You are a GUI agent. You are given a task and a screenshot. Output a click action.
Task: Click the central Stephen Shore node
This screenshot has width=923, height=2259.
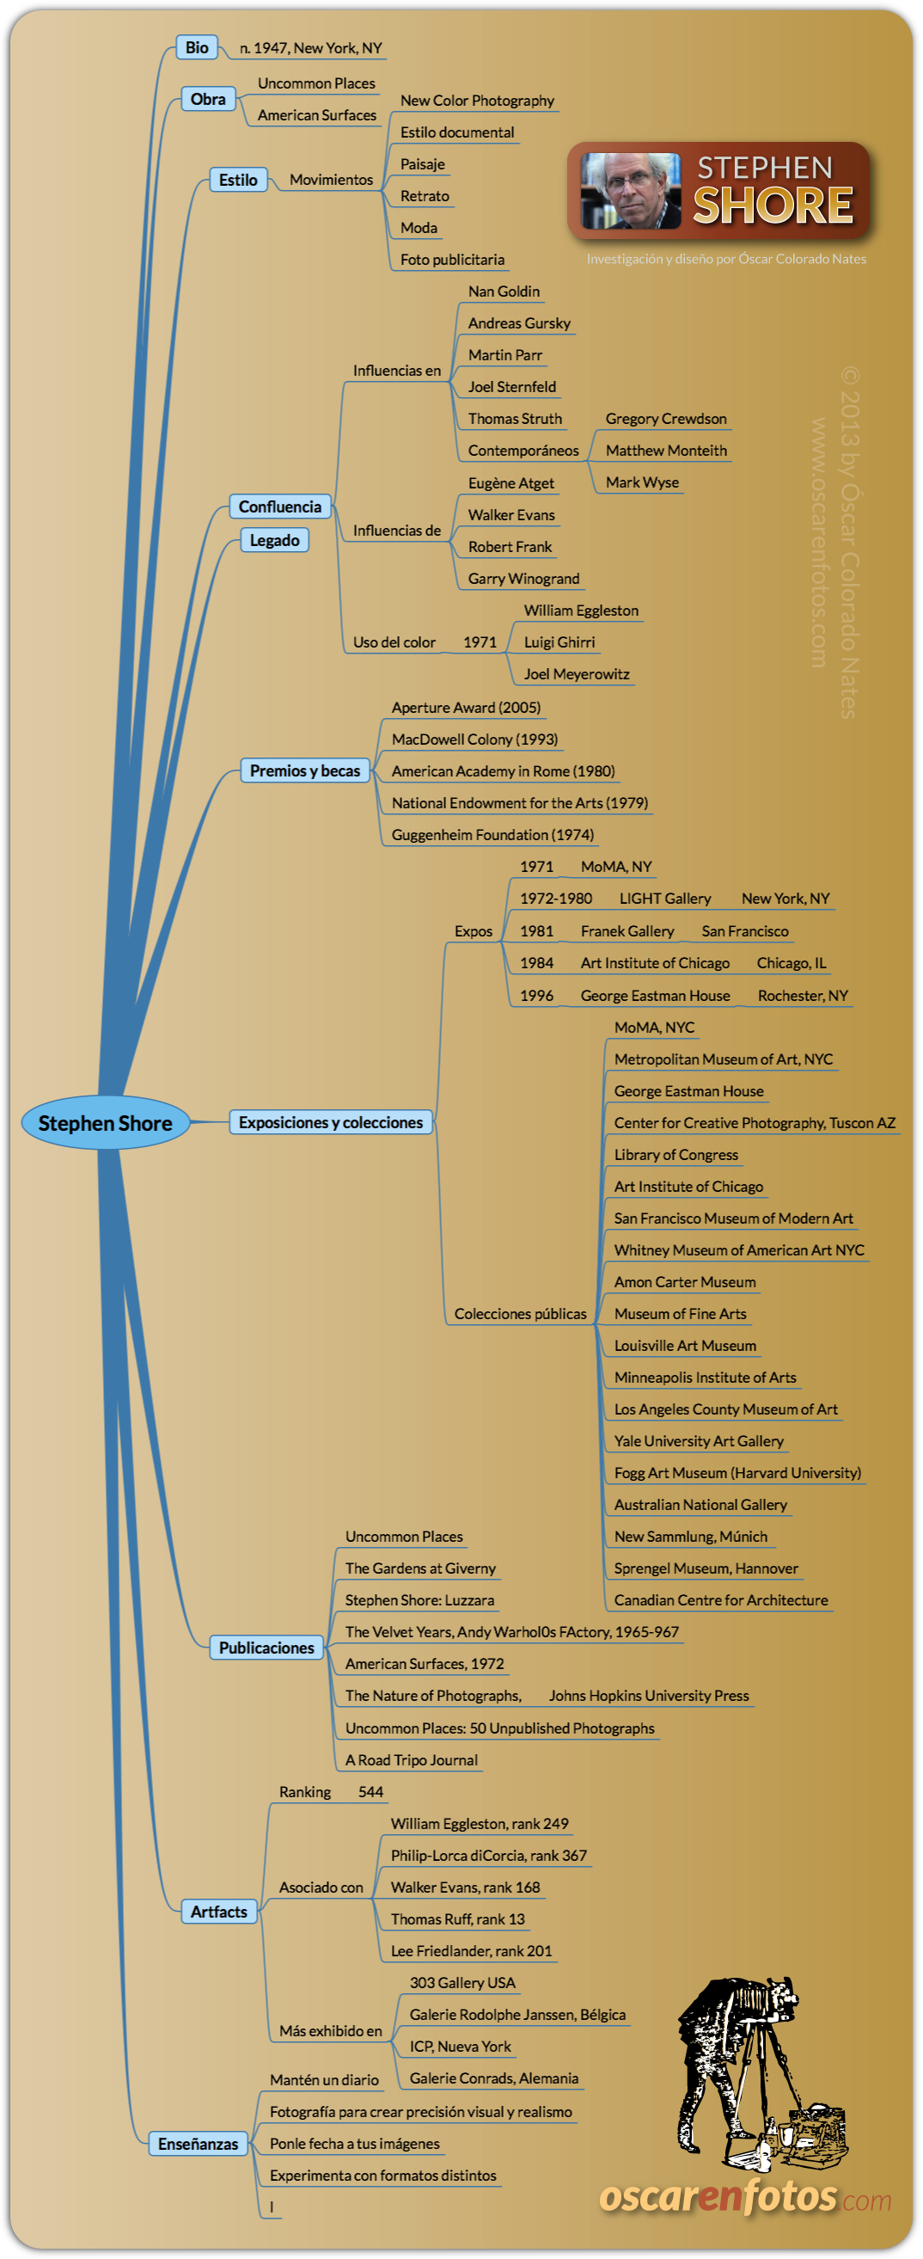(x=105, y=1122)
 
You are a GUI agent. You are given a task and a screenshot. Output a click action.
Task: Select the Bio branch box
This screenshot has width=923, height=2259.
(x=196, y=47)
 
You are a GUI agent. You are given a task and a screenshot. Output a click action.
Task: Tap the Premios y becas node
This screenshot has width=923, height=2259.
(x=305, y=770)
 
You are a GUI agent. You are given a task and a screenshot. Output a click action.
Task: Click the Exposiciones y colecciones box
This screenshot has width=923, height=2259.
(x=331, y=1122)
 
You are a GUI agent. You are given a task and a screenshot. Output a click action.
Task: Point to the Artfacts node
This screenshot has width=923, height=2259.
(x=219, y=1912)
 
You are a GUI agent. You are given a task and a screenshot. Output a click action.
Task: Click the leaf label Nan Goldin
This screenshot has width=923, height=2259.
(x=504, y=292)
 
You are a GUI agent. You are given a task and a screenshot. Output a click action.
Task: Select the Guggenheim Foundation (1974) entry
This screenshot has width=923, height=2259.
(x=492, y=835)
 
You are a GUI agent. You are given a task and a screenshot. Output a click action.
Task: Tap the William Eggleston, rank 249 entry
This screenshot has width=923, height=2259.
(x=480, y=1823)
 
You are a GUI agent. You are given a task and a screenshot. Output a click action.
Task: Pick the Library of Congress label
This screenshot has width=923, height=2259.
(x=675, y=1155)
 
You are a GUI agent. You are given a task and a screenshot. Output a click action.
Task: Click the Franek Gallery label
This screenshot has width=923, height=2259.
(x=627, y=931)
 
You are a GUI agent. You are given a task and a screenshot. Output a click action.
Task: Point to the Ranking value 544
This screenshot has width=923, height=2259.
(x=370, y=1791)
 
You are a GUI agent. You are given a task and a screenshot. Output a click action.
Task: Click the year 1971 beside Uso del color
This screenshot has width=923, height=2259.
(x=480, y=641)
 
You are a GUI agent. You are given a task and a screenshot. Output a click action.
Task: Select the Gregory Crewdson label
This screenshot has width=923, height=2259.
(x=666, y=418)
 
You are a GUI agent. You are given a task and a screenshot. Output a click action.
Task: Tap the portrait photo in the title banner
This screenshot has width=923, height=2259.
(x=630, y=190)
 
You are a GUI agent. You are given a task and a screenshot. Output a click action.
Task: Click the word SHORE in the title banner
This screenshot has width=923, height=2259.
(x=773, y=206)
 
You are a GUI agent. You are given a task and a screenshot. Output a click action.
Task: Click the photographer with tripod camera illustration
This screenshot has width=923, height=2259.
(x=758, y=2070)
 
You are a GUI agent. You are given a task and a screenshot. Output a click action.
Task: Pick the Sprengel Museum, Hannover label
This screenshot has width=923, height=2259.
(x=706, y=1568)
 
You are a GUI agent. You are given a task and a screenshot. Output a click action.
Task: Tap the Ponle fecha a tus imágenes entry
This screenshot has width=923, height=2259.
(x=355, y=2143)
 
